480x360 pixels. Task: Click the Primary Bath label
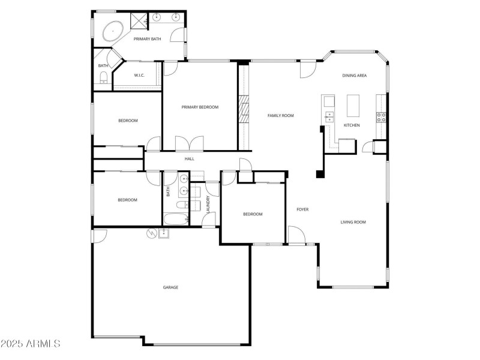[147, 39]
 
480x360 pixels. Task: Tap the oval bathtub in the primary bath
[113, 31]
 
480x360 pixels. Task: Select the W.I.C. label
[139, 75]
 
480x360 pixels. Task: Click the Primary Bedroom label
[200, 107]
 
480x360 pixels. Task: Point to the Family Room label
[280, 115]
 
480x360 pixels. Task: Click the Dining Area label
[354, 76]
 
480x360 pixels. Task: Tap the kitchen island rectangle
[352, 106]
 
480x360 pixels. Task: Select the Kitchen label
[351, 125]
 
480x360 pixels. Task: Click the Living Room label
[353, 222]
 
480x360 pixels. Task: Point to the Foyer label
[302, 209]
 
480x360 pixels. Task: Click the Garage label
[170, 287]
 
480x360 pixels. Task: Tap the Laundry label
[208, 204]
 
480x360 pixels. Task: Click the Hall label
[189, 158]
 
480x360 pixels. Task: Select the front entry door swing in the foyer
[295, 235]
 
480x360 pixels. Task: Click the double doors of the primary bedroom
[189, 144]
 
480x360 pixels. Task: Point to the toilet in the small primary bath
[104, 76]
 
